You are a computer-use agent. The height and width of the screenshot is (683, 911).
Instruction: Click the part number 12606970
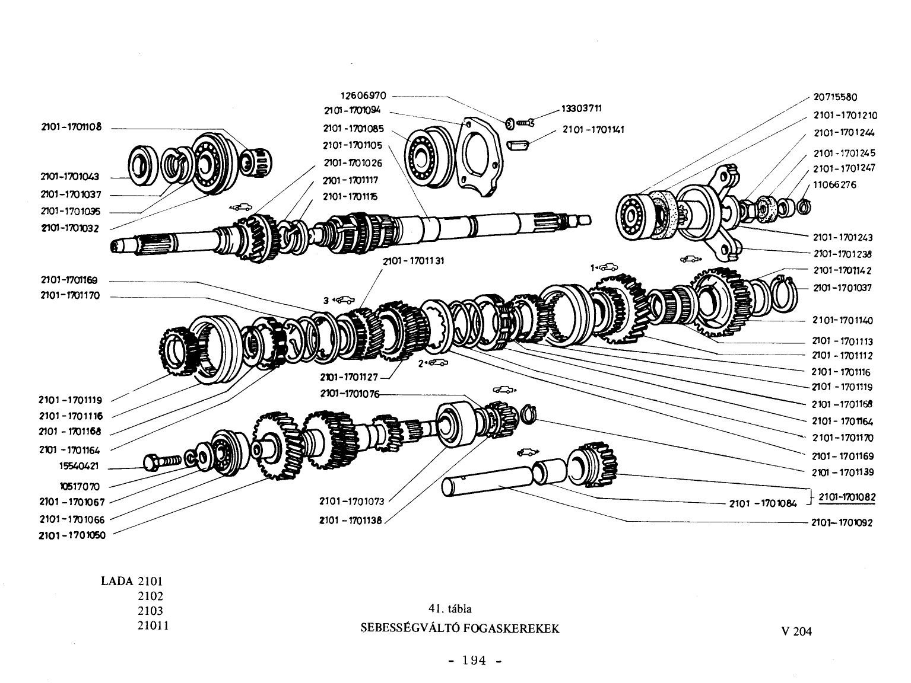(x=363, y=95)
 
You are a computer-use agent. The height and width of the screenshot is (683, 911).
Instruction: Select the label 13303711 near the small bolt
(x=581, y=108)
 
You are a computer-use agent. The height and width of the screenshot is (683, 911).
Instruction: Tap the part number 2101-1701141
(x=593, y=130)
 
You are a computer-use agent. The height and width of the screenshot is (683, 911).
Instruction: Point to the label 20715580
(x=835, y=97)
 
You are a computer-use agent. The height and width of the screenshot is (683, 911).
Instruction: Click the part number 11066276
(x=834, y=185)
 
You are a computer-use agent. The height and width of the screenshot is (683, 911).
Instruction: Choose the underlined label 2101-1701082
(x=847, y=497)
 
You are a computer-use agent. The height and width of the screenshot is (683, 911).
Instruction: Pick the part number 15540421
(x=79, y=466)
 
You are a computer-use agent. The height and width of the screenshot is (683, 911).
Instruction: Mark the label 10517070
(x=80, y=486)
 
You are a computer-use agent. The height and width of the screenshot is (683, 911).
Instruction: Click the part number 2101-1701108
(x=71, y=127)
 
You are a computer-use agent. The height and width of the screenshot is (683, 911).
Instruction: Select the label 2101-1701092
(x=842, y=522)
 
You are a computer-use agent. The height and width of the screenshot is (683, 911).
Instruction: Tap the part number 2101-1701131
(x=414, y=261)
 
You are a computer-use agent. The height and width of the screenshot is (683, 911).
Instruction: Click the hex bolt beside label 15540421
(x=162, y=462)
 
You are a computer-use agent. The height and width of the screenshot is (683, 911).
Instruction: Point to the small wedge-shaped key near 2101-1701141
(x=518, y=145)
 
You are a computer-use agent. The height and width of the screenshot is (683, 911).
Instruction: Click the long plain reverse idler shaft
(x=487, y=481)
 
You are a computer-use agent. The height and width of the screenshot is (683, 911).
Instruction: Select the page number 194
(x=474, y=660)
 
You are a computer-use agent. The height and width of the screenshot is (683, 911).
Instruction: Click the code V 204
(x=796, y=631)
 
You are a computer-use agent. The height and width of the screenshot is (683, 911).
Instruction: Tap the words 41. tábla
(x=450, y=609)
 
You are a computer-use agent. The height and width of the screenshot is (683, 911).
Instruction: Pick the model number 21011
(x=153, y=625)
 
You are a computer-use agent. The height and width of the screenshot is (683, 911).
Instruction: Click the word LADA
(x=117, y=581)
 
